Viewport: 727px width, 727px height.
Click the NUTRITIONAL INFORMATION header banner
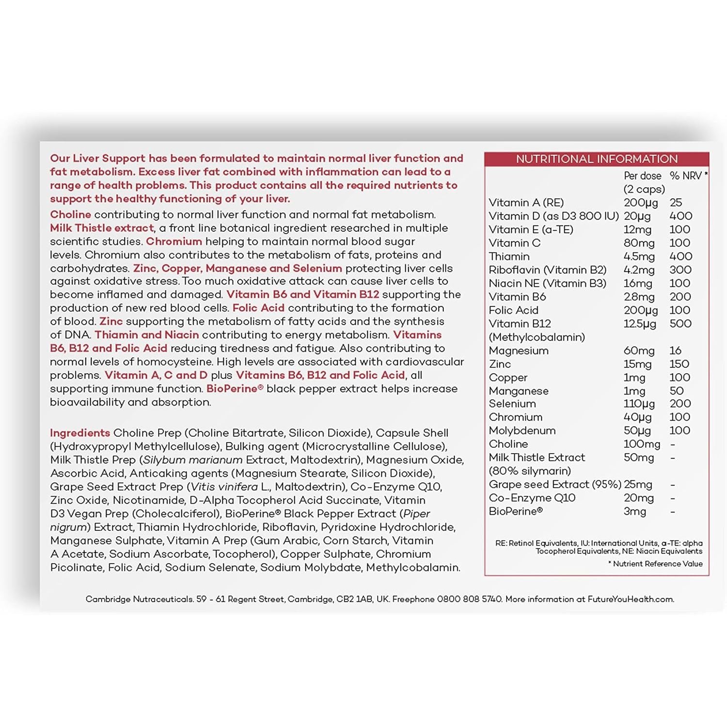click(597, 159)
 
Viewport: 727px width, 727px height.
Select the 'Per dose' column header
click(642, 176)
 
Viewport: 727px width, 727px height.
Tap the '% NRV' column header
click(687, 176)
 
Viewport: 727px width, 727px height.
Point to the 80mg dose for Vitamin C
click(639, 243)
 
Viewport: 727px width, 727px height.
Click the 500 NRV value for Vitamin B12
click(680, 324)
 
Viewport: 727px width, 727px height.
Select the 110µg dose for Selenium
click(639, 404)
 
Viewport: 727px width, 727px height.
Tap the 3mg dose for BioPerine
click(634, 511)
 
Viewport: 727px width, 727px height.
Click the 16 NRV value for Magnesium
click(675, 350)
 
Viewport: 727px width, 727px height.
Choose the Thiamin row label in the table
click(509, 256)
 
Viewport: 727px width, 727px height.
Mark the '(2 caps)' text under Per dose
click(644, 189)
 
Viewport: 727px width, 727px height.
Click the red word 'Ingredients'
click(80, 433)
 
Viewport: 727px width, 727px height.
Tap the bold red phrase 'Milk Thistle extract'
click(102, 228)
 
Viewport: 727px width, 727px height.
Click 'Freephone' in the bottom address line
click(413, 600)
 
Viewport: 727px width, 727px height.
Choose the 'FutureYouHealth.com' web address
click(630, 600)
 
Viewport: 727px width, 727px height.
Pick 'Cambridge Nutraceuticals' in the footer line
click(139, 600)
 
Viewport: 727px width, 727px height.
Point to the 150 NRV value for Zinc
click(679, 364)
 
